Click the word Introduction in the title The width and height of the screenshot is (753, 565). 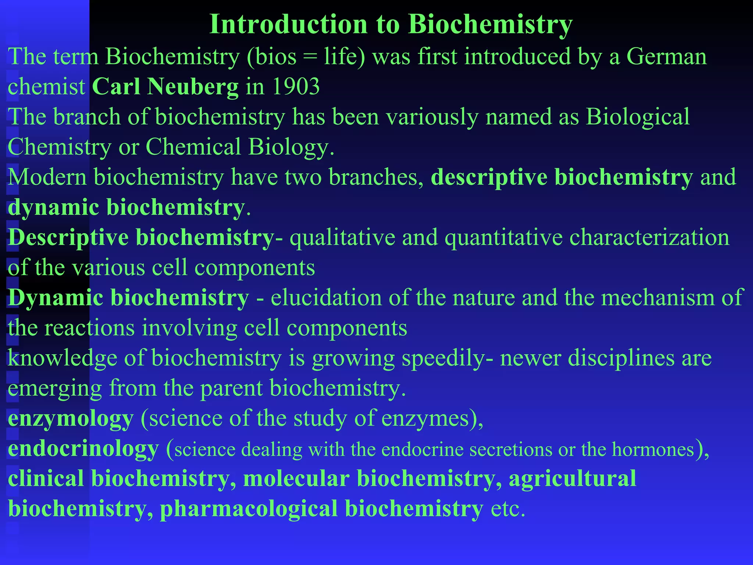(288, 24)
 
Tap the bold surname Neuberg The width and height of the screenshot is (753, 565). (193, 87)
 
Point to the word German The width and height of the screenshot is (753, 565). (666, 57)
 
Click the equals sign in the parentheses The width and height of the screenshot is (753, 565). (310, 57)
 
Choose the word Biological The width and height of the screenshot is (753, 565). (638, 117)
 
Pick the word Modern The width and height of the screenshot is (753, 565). (47, 177)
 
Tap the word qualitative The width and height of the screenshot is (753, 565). (342, 237)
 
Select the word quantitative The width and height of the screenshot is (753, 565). (503, 237)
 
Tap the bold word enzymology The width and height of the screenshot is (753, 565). (71, 419)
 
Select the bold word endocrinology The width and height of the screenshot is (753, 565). (83, 449)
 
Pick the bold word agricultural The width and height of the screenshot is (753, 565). (572, 479)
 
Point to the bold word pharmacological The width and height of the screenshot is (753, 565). (249, 509)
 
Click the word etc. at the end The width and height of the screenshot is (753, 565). (508, 509)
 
